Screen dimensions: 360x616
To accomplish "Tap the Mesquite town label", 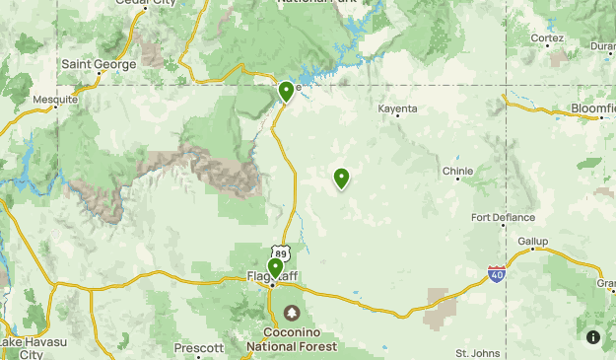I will (x=55, y=100).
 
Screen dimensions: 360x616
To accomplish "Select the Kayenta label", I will (x=399, y=108).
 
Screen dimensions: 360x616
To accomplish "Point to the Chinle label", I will (x=457, y=171).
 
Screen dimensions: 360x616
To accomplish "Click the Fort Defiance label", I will (x=503, y=217).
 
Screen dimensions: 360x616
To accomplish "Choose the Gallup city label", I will (x=532, y=241).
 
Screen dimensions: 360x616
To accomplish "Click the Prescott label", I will (x=198, y=348).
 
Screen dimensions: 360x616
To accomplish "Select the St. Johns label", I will (x=478, y=352).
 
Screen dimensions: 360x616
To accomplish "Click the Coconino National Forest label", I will (x=292, y=339).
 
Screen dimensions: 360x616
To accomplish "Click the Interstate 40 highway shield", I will (x=497, y=272).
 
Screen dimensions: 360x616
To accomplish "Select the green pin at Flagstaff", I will (x=275, y=267).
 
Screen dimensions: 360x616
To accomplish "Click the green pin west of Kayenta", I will (x=341, y=179).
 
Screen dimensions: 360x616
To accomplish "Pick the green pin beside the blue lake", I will (x=286, y=92).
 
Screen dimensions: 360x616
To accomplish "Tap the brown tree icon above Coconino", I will (x=293, y=314).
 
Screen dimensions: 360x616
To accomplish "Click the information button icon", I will (x=593, y=336).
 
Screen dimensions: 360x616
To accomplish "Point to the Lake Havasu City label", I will (x=22, y=347).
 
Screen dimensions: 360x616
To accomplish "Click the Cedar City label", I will (x=145, y=4).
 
